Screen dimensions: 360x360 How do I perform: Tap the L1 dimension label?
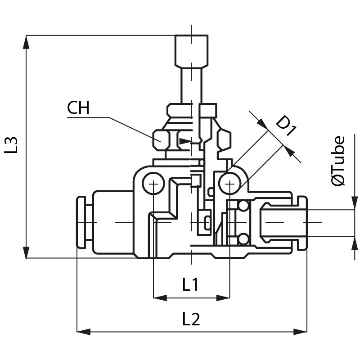[191, 284]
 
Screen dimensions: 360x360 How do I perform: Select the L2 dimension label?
[191, 319]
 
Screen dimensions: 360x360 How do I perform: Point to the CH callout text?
[78, 108]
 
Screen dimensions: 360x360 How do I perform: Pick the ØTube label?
[338, 161]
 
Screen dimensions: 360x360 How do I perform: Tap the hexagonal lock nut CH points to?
[161, 140]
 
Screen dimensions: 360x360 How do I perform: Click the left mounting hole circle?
[153, 183]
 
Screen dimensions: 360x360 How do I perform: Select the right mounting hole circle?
[229, 183]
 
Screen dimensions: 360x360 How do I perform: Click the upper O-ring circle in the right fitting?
[243, 207]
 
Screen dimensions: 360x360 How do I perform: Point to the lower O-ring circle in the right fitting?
[243, 238]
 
